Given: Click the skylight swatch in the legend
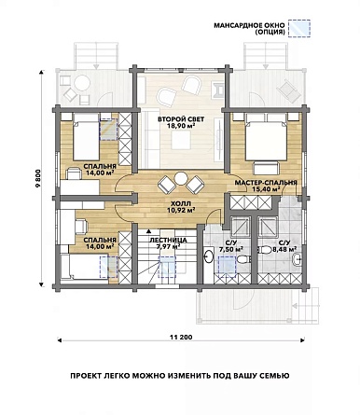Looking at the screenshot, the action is pos(299,29).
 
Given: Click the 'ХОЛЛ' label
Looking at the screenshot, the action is pos(181,204).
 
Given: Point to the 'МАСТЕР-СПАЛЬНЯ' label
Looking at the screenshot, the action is pos(266,183).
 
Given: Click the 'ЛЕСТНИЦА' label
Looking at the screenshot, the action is pos(168,240).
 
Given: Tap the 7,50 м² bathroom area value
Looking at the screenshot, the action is pos(231,249).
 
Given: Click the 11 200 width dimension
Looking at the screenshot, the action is pos(181,337).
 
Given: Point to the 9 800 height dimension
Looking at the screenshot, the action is pos(38,178).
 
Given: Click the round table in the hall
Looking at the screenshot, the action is pos(181,179).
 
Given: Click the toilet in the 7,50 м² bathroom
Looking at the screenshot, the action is pos(243,259).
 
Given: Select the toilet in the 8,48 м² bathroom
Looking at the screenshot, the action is pos(265,250).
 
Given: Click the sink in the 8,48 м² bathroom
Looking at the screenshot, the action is pos(298,259).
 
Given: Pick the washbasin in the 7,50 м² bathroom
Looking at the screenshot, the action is pos(209,256).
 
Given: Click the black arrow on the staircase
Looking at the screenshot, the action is pos(149,231).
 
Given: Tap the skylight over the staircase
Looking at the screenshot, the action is pos(168,267).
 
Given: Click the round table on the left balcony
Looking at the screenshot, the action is pos(82,83).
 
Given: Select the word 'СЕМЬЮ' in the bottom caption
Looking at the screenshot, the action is pos(276,376).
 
